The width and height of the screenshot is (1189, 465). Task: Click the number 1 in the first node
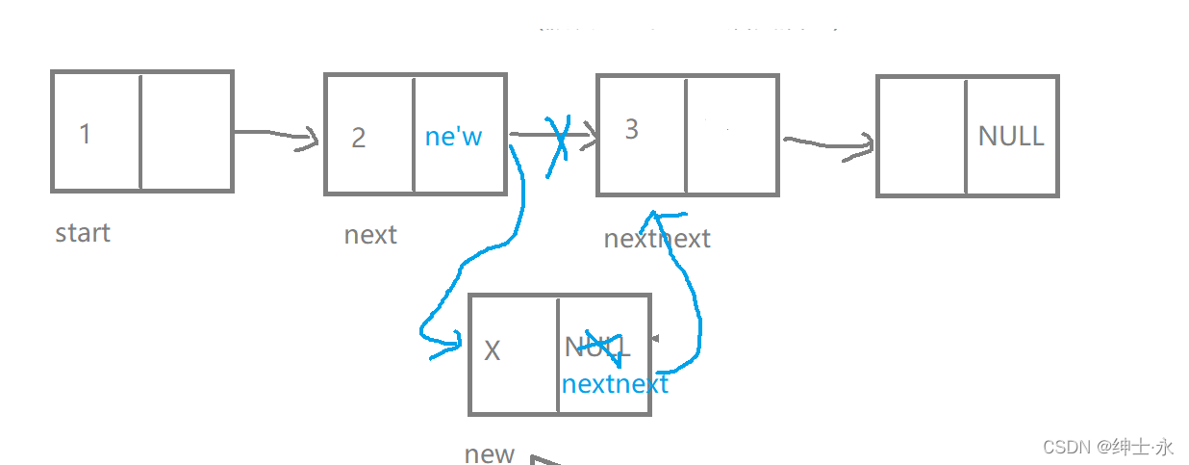click(85, 134)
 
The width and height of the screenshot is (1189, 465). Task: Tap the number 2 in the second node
click(359, 138)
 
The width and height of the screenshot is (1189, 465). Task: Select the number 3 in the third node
click(631, 130)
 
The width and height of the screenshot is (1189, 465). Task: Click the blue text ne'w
click(453, 137)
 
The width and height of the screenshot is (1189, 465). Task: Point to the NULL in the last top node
click(1010, 137)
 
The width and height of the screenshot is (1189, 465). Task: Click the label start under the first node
click(83, 233)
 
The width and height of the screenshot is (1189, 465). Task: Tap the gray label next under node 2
click(370, 235)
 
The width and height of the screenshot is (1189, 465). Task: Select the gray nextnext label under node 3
click(657, 239)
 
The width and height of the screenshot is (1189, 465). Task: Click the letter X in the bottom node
click(492, 350)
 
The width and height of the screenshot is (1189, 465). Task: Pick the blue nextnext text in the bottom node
click(615, 384)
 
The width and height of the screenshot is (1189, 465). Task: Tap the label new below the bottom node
click(490, 453)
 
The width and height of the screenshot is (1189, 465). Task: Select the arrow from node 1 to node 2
click(277, 137)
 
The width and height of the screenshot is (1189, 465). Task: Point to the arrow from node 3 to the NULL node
click(828, 145)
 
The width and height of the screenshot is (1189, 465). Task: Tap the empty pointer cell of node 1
click(187, 131)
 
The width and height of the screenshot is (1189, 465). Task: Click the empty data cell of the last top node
click(922, 136)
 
